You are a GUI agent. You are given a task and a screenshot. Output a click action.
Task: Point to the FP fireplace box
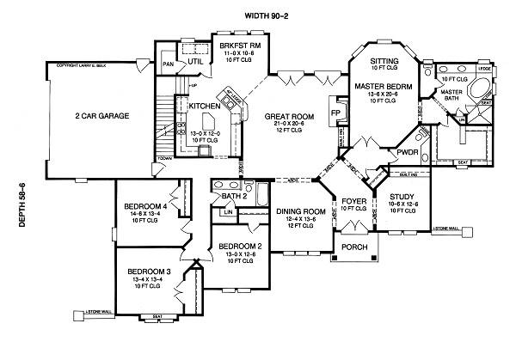point(334,113)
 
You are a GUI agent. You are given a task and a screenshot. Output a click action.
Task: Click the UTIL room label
point(196,61)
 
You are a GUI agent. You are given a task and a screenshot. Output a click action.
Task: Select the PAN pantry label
point(169,64)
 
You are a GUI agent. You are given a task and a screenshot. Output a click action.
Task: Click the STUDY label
point(402,197)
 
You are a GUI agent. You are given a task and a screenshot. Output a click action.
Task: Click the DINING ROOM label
point(301,211)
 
